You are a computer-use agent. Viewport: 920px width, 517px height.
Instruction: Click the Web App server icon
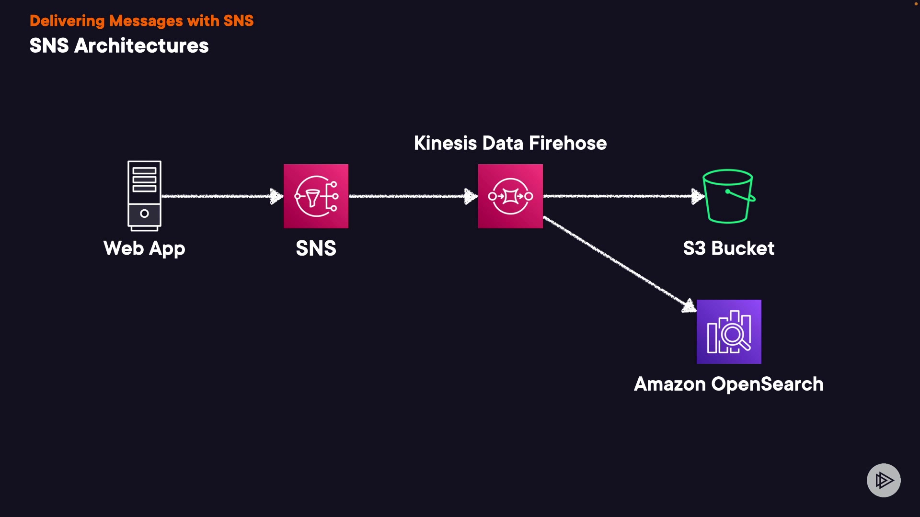(x=144, y=195)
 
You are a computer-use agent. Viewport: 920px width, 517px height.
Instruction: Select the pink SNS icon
(x=316, y=196)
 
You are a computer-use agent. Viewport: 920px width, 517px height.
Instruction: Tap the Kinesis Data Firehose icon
(x=510, y=196)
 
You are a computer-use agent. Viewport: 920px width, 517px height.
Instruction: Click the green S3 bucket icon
(x=728, y=196)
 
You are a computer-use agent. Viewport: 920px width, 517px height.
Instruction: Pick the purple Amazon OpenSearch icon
(x=729, y=332)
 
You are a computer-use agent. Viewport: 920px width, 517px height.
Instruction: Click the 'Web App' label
(x=144, y=248)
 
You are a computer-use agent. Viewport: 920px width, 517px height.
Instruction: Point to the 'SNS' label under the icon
(x=316, y=248)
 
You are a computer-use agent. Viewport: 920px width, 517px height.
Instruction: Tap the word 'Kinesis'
(x=445, y=143)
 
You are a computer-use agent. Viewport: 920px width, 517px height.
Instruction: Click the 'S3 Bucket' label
(x=728, y=248)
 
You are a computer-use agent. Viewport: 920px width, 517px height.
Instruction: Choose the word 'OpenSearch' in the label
(x=767, y=384)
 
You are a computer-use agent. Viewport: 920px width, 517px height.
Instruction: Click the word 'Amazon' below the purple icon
(x=669, y=384)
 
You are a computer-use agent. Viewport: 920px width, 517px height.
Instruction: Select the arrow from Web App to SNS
(x=220, y=196)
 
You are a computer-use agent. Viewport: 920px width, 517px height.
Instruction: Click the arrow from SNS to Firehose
(x=412, y=196)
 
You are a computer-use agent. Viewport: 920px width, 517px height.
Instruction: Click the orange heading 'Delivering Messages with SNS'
(x=141, y=21)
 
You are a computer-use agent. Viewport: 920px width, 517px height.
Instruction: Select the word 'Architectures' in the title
(x=141, y=46)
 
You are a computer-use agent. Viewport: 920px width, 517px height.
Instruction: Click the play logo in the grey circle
(x=884, y=480)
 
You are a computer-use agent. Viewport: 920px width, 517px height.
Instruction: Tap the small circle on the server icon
(x=144, y=214)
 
